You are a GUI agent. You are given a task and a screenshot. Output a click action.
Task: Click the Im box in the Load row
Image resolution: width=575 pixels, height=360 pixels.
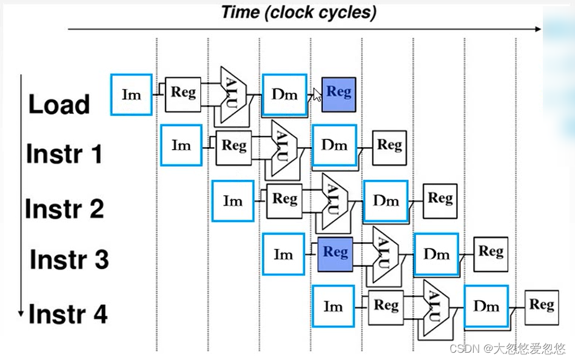[x=131, y=95]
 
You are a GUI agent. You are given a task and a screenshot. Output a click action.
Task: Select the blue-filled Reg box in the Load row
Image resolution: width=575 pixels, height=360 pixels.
[x=338, y=94]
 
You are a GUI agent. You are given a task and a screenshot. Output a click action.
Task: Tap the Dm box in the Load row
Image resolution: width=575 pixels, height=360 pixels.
[x=284, y=95]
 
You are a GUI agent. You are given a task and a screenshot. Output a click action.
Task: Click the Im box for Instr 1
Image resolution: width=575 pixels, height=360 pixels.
[x=181, y=145]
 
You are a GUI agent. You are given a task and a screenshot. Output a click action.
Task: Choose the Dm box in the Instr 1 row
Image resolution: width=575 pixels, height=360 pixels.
[x=334, y=145]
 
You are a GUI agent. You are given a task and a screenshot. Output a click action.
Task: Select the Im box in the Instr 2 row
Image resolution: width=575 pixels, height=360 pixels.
[x=233, y=201]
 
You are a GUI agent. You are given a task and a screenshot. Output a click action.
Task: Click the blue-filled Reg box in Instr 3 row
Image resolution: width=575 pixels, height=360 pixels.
[x=335, y=254]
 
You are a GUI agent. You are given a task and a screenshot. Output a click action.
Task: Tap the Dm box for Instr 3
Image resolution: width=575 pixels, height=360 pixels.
[x=436, y=254]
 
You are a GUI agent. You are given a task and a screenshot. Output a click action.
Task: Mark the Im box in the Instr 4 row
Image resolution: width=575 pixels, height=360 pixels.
[x=334, y=306]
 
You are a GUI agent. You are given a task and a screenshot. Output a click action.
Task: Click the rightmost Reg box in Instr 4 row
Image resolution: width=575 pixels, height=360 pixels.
[x=542, y=308]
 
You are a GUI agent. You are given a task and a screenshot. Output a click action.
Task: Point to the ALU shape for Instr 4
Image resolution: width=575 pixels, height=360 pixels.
[x=435, y=308]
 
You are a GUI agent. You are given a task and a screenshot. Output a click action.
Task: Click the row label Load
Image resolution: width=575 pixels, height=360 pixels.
[x=59, y=104]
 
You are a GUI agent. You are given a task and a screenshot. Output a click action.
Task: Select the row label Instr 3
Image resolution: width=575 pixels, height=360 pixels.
[x=69, y=259]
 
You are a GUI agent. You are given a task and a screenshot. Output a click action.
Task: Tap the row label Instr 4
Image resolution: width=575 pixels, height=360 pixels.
[x=68, y=314]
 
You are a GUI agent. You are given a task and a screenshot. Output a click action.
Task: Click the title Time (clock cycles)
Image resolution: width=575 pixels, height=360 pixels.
[x=299, y=13]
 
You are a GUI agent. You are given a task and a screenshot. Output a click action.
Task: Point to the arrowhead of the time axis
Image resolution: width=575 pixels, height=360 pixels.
[x=539, y=29]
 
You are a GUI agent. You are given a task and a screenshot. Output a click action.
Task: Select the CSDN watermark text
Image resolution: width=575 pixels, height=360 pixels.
[x=508, y=348]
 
